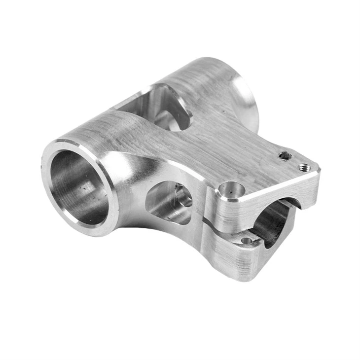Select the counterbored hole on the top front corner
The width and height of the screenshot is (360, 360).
[x=230, y=188]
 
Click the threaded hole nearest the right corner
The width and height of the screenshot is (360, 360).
[x=304, y=167]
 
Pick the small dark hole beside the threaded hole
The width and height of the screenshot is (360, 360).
[x=285, y=156]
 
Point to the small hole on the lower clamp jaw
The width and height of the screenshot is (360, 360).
[x=246, y=241]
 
